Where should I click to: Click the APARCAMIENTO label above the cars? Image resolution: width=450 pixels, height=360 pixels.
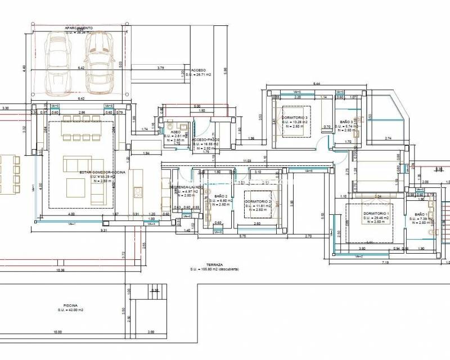click(x=79, y=28)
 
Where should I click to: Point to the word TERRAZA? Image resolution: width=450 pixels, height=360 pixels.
click(x=215, y=264)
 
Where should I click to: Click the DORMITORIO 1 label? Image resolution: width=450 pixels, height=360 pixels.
click(x=376, y=214)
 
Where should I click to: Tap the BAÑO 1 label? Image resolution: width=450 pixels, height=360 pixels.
click(x=422, y=214)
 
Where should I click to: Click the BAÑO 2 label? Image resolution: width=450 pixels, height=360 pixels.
click(x=220, y=196)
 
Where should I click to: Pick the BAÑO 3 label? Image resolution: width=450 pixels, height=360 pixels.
click(x=346, y=121)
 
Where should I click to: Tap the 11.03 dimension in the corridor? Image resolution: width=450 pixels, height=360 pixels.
click(x=247, y=161)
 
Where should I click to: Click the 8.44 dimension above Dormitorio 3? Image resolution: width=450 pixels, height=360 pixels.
click(x=316, y=83)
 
